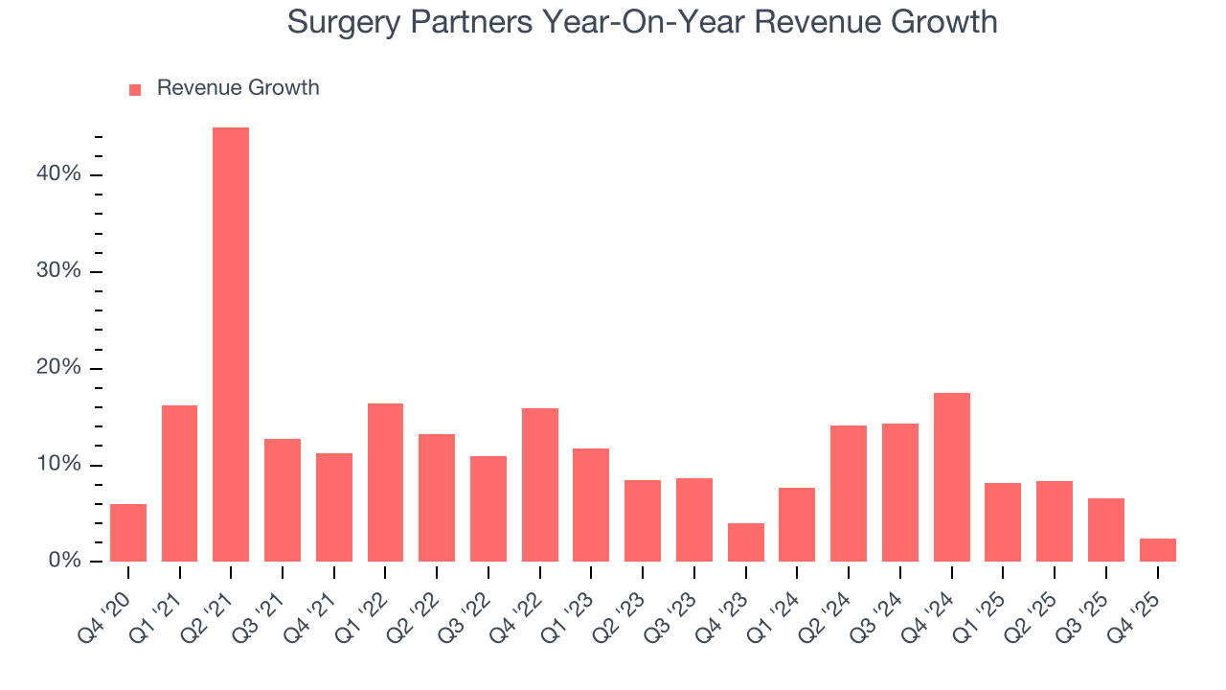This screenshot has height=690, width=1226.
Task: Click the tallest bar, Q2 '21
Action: point(231,345)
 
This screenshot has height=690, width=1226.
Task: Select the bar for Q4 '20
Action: point(128,533)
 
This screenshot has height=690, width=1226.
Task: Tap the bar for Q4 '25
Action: point(1157,550)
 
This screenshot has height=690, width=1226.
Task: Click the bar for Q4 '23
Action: point(746,542)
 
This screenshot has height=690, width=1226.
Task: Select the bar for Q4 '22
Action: point(539,485)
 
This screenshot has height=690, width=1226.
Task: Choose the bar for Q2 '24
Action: point(849,494)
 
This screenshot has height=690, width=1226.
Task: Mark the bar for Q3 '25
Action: point(1105,530)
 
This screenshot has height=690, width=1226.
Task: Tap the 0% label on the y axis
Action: point(64,561)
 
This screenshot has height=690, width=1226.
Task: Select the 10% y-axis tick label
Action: point(59,465)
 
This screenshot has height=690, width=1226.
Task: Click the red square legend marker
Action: point(135,89)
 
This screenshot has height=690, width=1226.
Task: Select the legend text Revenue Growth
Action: point(238,88)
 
